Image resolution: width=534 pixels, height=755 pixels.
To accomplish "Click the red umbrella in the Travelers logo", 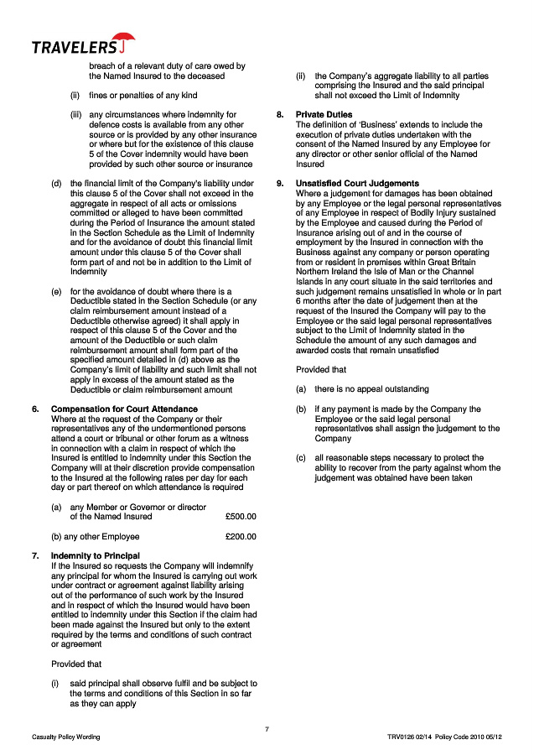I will pyautogui.click(x=125, y=39).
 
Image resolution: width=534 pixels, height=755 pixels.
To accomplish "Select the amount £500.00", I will pyautogui.click(x=241, y=516).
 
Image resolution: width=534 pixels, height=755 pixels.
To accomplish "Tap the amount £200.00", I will pyautogui.click(x=241, y=536).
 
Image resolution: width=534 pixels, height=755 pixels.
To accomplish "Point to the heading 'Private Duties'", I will pyautogui.click(x=324, y=114).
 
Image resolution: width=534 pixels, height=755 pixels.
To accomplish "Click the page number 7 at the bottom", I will pyautogui.click(x=267, y=728).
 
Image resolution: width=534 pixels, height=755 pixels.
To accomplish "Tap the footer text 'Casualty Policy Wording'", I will pyautogui.click(x=66, y=737).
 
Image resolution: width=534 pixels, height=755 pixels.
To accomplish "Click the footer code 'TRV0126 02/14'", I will pyautogui.click(x=408, y=737).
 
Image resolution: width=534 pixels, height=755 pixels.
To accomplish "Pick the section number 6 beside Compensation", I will pyautogui.click(x=34, y=409).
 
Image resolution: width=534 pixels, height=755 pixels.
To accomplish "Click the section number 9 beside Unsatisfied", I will pyautogui.click(x=278, y=183).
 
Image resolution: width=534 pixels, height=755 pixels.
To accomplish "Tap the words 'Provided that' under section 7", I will pyautogui.click(x=78, y=664).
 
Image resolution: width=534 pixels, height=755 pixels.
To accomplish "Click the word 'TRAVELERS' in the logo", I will pyautogui.click(x=74, y=47).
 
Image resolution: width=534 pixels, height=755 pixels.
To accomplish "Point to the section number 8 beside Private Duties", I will pyautogui.click(x=278, y=114).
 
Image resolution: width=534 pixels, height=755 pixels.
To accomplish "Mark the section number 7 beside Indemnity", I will pyautogui.click(x=34, y=555).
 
